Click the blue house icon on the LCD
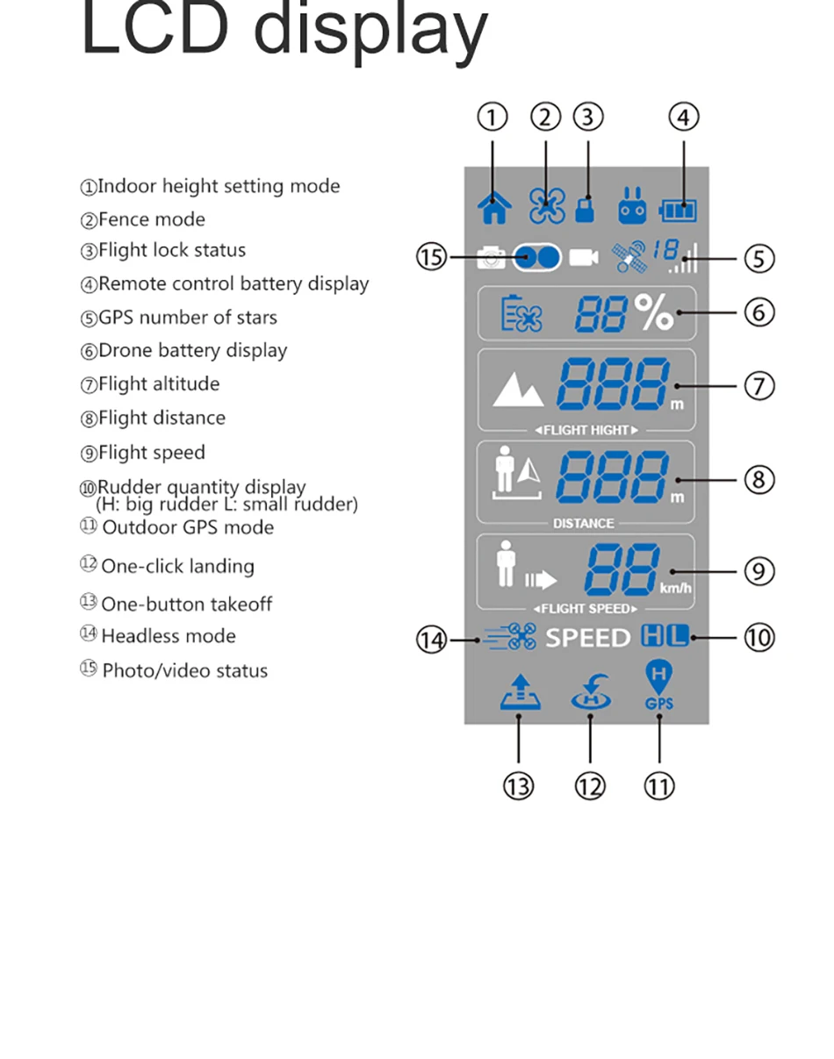point(494,207)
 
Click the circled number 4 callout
point(683,117)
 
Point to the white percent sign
point(655,312)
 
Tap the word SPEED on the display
point(587,638)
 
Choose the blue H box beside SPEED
point(653,636)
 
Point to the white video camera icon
point(583,257)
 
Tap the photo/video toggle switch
point(536,257)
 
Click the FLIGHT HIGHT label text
point(586,430)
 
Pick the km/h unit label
point(675,587)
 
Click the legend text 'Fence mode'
point(151,219)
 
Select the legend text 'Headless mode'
point(168,636)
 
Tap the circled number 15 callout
point(431,258)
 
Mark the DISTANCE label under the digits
point(583,523)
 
